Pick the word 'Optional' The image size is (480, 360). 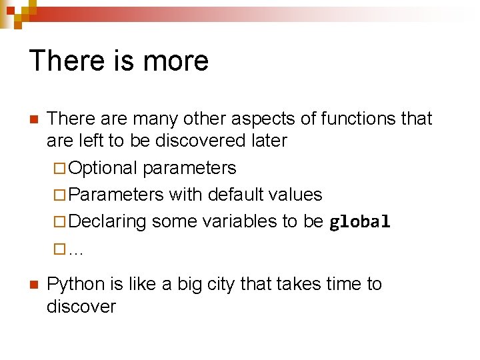(x=103, y=168)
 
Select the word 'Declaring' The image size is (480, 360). (x=107, y=221)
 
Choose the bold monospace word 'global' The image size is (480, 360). (x=360, y=222)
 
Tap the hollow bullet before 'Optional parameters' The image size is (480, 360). (x=59, y=169)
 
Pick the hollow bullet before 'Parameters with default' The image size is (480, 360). (x=59, y=195)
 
